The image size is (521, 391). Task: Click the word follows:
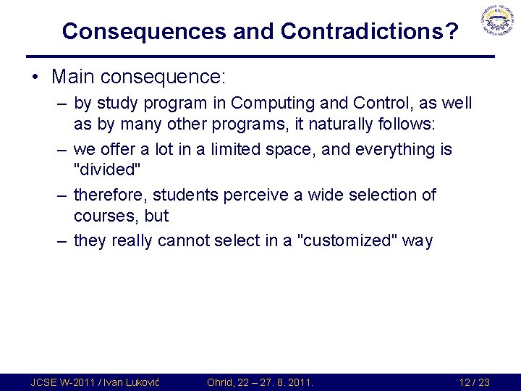(x=410, y=125)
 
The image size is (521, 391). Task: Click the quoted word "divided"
(x=106, y=170)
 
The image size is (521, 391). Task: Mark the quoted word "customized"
(x=347, y=240)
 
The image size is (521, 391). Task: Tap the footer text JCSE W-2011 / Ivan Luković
(x=93, y=382)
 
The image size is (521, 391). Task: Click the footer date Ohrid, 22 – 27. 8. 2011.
(x=259, y=382)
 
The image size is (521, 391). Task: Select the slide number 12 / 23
(x=474, y=382)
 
